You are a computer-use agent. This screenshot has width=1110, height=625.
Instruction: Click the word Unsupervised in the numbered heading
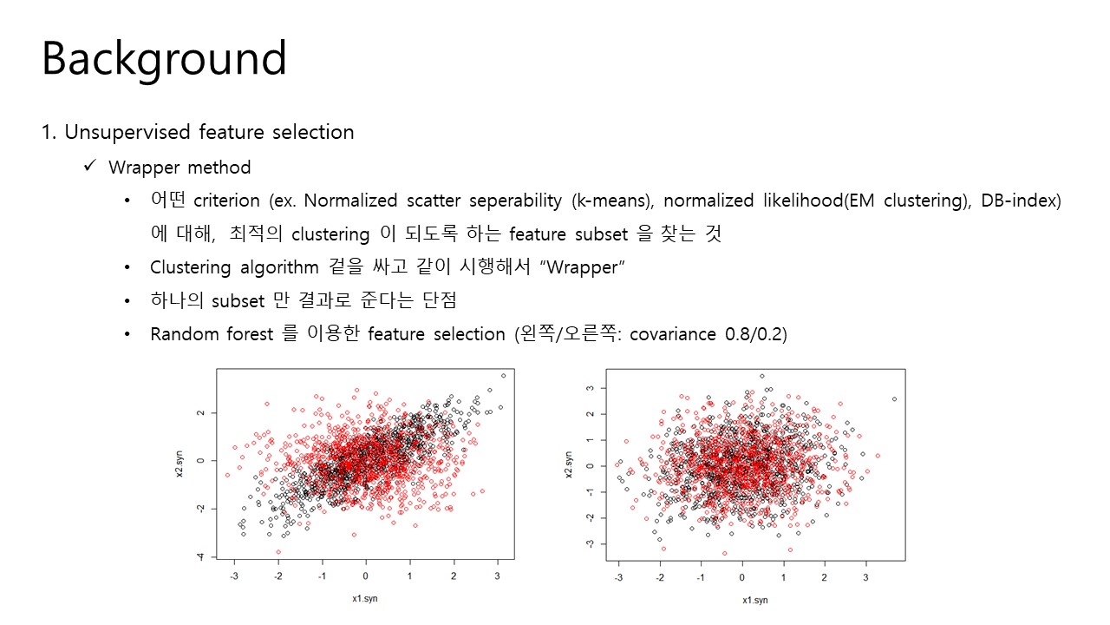click(x=127, y=133)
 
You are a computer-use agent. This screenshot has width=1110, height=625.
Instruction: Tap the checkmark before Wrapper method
click(x=89, y=165)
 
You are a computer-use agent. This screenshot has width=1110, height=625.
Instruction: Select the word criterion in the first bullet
click(x=226, y=201)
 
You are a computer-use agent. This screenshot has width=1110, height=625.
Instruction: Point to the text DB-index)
click(x=1021, y=201)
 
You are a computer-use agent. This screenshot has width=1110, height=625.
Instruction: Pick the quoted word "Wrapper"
click(x=582, y=267)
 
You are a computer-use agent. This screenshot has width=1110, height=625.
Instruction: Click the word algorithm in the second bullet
click(x=279, y=268)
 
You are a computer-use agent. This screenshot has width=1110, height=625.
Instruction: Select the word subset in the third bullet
click(x=238, y=301)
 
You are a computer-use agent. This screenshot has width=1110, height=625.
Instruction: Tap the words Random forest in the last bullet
click(x=212, y=334)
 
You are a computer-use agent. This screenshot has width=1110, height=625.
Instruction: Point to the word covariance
click(x=672, y=334)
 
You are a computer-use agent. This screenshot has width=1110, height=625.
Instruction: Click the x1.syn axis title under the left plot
click(x=365, y=599)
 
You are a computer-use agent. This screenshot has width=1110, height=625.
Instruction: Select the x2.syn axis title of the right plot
click(x=568, y=464)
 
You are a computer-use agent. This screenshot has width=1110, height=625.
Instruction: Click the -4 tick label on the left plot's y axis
click(x=200, y=557)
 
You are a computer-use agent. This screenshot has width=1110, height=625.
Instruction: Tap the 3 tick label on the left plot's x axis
click(x=497, y=576)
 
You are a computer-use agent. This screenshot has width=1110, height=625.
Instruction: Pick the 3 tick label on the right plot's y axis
click(x=590, y=388)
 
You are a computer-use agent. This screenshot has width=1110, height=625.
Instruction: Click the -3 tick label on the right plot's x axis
click(x=618, y=577)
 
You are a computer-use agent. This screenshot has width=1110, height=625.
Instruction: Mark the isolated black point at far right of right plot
click(x=894, y=399)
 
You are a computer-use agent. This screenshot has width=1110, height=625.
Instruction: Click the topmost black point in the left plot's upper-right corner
click(x=504, y=376)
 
